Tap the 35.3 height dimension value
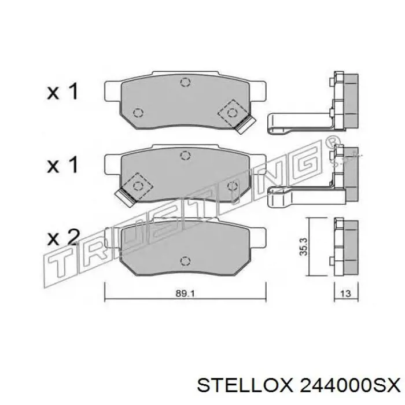click(302, 248)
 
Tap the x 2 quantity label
click(63, 237)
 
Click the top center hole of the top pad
click(185, 82)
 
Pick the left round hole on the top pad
click(138, 112)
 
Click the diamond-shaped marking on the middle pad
click(138, 185)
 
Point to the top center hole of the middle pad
click(185, 154)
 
